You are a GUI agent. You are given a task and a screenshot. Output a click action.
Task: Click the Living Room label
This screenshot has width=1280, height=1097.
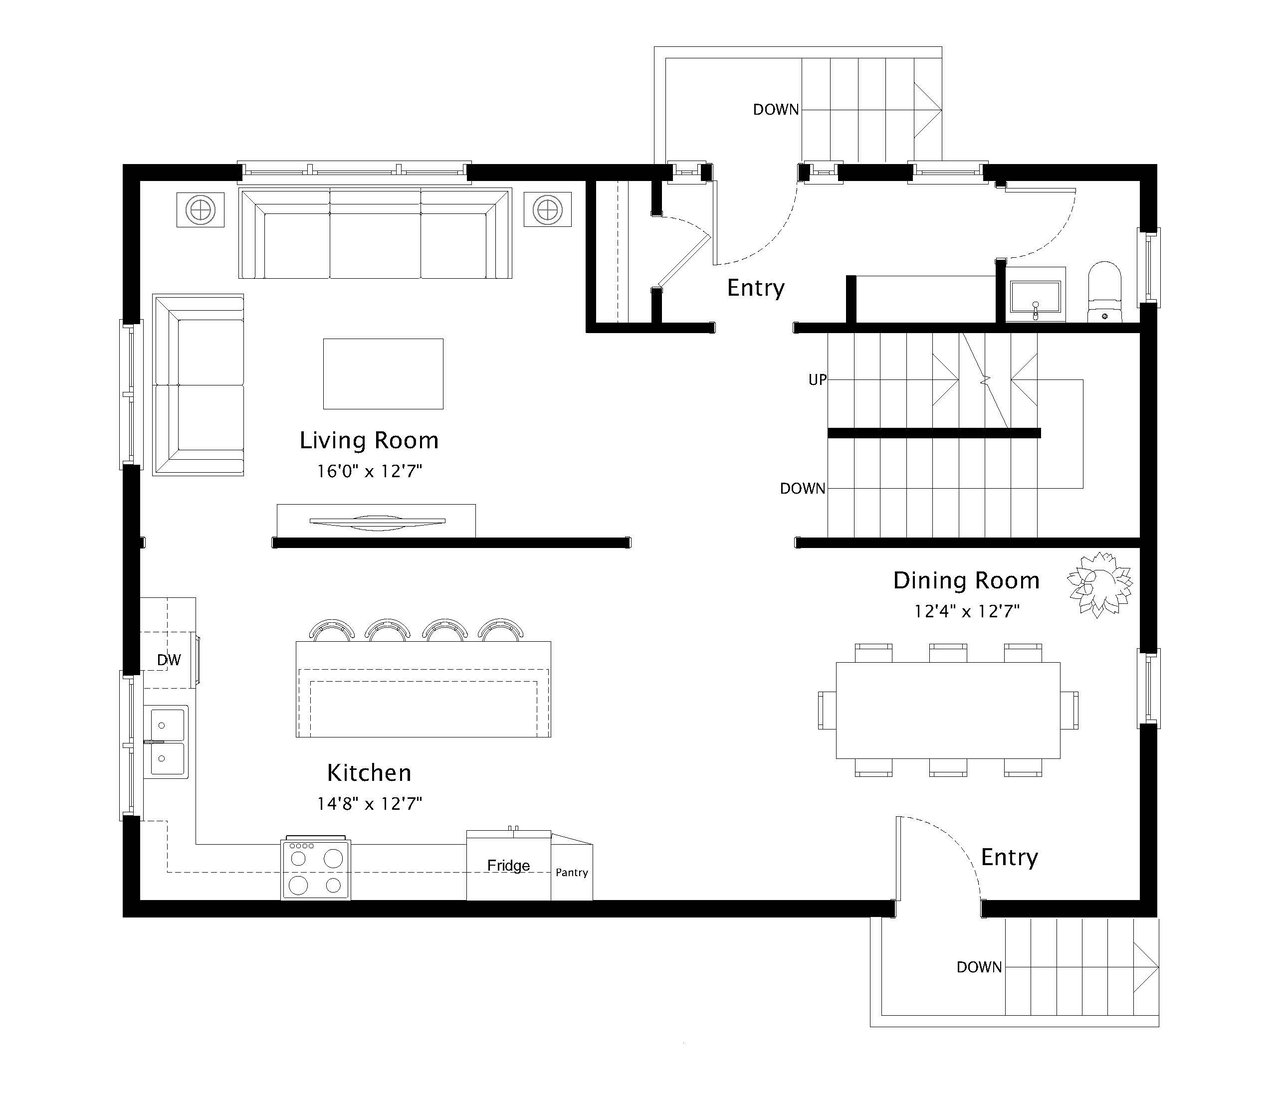click(x=369, y=440)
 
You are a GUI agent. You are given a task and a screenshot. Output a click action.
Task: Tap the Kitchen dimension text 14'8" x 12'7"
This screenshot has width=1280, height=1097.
click(x=370, y=804)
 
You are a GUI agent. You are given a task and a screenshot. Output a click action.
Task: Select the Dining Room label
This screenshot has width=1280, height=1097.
click(x=966, y=580)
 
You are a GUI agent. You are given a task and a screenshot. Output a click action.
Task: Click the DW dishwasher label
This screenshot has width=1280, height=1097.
click(x=168, y=660)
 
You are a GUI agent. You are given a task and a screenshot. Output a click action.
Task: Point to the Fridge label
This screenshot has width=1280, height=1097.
click(x=508, y=865)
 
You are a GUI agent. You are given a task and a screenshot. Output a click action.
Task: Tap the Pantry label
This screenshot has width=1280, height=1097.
click(x=572, y=872)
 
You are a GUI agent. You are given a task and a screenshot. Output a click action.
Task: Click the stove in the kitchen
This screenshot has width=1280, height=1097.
click(x=316, y=868)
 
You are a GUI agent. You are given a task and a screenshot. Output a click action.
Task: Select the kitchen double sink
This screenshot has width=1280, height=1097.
click(x=167, y=741)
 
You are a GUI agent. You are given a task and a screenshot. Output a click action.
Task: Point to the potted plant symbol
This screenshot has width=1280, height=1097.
click(x=1100, y=584)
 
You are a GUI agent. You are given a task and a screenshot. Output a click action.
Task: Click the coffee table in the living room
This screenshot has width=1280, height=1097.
click(x=383, y=374)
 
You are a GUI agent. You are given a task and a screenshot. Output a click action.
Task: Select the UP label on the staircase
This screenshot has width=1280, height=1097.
click(x=817, y=380)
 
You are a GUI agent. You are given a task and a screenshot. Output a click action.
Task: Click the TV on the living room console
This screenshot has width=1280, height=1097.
click(x=377, y=523)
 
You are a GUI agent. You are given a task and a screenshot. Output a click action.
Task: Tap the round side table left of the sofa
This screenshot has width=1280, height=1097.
click(x=200, y=210)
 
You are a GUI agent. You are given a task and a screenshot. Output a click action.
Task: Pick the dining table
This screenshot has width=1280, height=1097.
click(x=948, y=710)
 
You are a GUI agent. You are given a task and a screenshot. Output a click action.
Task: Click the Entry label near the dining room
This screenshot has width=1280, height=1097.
click(x=1009, y=857)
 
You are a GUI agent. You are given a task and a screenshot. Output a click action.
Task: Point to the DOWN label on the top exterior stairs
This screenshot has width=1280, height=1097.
click(x=776, y=110)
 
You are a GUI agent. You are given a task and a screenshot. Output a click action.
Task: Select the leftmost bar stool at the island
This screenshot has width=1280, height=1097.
click(x=332, y=628)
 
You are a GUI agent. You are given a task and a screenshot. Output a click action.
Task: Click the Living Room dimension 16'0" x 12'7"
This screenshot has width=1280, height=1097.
click(x=370, y=471)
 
